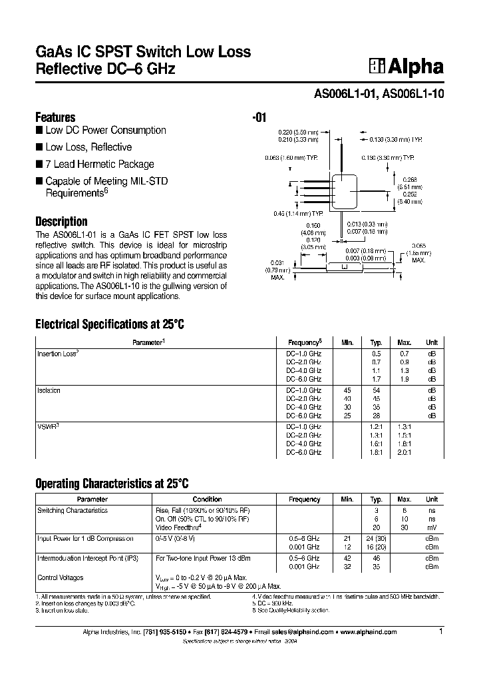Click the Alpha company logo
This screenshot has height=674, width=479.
[406, 66]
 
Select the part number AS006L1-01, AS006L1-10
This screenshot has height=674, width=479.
[379, 95]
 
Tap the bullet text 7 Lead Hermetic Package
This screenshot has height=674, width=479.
[99, 164]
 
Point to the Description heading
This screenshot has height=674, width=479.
[61, 222]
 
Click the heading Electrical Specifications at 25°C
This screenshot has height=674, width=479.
[108, 325]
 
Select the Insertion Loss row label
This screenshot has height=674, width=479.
[57, 354]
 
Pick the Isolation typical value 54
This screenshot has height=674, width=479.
[376, 390]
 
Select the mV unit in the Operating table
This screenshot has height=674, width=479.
[432, 527]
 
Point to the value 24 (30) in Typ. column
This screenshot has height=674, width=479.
[376, 538]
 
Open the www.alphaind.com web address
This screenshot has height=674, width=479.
[369, 633]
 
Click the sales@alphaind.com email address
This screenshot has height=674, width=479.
[299, 633]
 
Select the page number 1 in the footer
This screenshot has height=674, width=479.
[440, 631]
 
